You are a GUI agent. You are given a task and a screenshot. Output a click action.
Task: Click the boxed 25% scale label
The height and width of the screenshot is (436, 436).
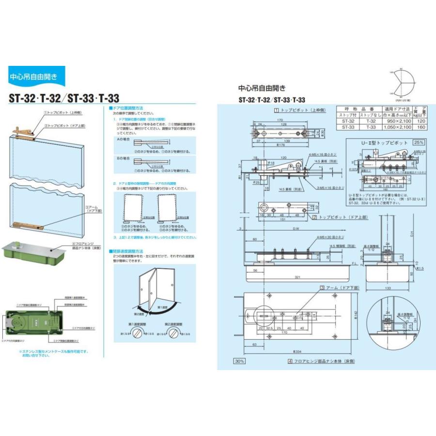(x=418, y=143)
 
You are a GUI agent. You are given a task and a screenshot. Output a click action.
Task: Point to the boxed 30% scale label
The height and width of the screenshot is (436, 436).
(x=239, y=361)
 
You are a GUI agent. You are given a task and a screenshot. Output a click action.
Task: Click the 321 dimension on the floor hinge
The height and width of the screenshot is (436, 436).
(x=295, y=277)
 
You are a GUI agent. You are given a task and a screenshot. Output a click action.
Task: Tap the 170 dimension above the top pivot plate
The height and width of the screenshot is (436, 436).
(x=280, y=121)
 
